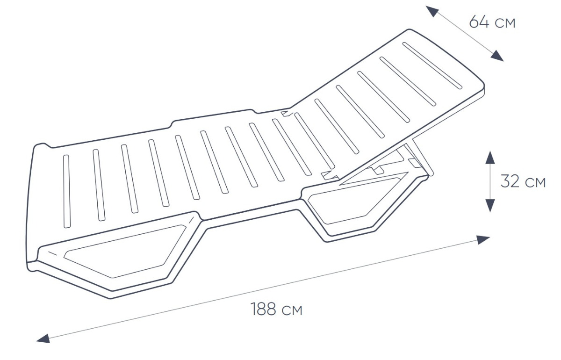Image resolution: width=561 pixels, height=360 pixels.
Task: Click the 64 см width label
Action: pos(492,22)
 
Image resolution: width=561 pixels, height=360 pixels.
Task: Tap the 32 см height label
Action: pos(523,181)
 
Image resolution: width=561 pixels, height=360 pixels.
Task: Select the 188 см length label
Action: pos(276,309)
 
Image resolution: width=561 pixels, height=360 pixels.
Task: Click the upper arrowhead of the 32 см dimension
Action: pos(490,158)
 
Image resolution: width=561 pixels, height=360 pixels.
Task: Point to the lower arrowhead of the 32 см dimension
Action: pos(490,206)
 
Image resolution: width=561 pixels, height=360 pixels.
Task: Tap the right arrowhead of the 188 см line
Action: pos(483,240)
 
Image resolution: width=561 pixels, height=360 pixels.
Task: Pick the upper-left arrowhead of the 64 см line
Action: pos(432,11)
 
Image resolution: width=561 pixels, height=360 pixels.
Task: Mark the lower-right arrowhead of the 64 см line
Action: pos(497,56)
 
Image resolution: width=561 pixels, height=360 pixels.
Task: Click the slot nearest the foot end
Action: pos(66,191)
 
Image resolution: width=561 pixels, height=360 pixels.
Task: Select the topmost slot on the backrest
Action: pos(432,65)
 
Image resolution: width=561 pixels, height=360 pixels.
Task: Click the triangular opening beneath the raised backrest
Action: pos(374,179)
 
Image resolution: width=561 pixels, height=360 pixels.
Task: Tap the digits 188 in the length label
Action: pos(263,309)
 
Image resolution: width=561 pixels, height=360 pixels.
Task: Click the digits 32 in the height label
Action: pos(510,181)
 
